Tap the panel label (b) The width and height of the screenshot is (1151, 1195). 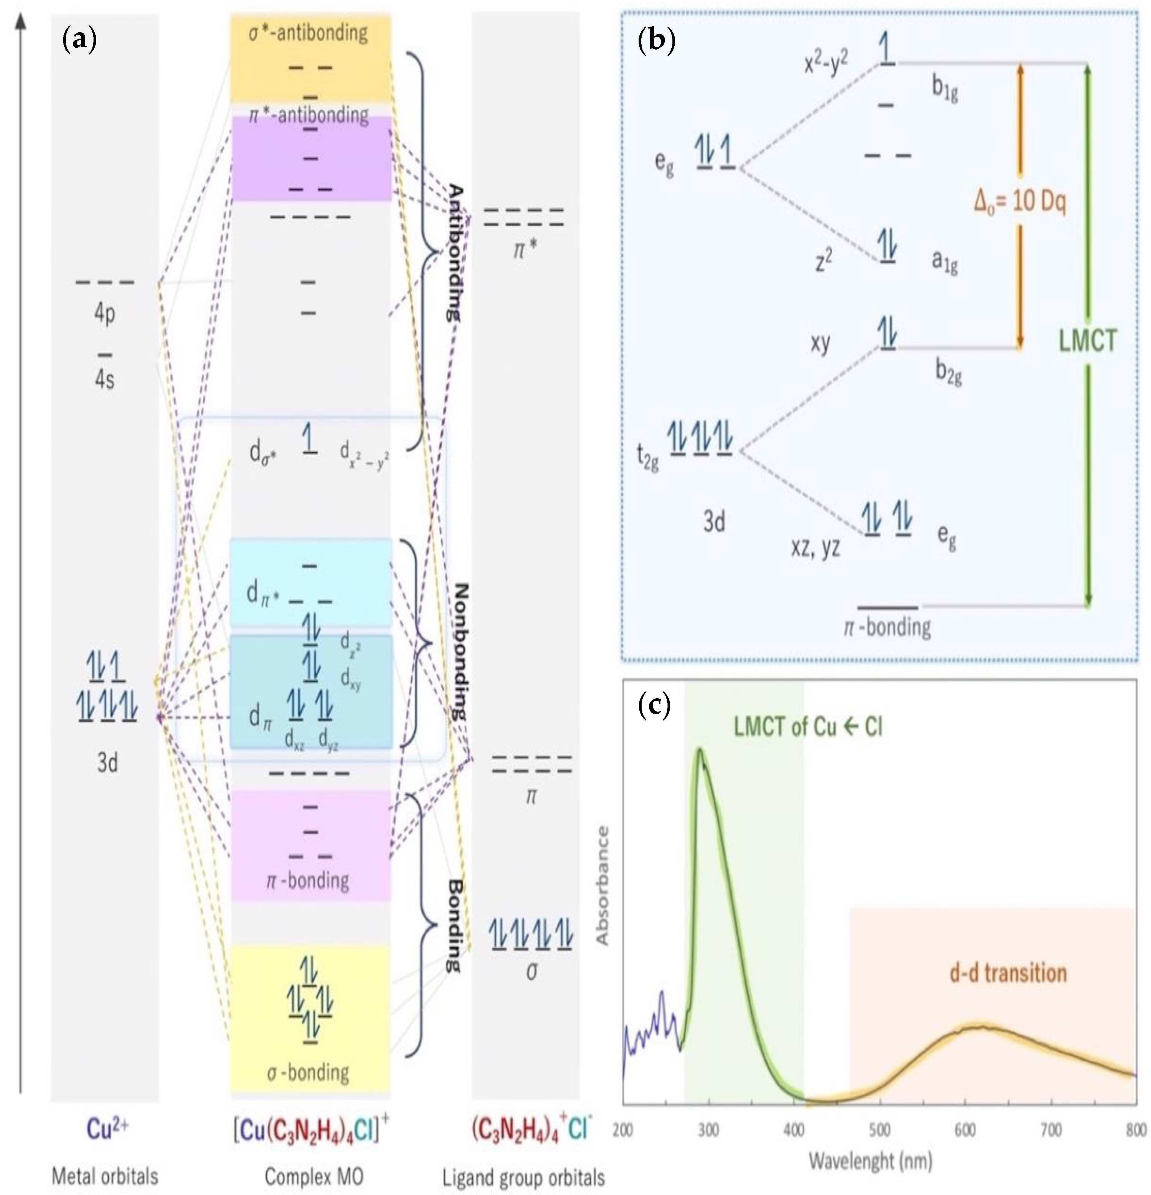click(656, 41)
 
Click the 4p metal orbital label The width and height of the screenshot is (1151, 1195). click(104, 313)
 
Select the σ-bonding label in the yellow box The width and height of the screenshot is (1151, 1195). click(308, 1073)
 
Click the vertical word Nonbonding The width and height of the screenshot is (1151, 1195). click(461, 653)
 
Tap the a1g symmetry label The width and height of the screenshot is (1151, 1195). click(945, 262)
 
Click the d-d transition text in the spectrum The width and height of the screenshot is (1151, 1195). click(1008, 973)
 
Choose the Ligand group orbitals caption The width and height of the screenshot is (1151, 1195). click(523, 1178)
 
